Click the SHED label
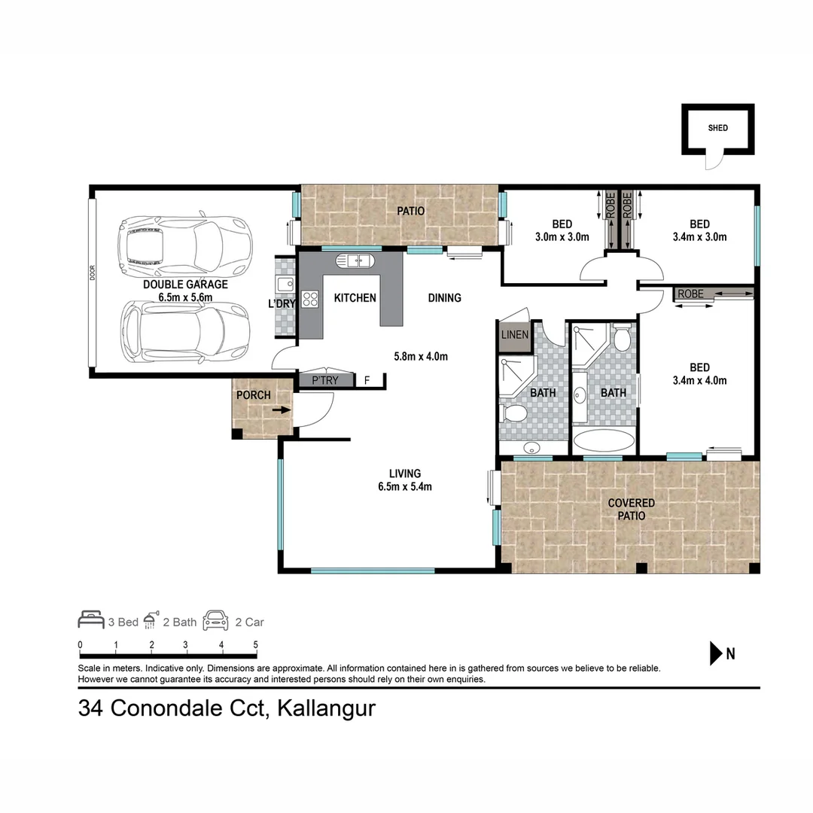click(x=717, y=128)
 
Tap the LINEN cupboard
click(x=514, y=335)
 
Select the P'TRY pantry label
click(x=325, y=381)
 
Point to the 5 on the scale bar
click(x=255, y=645)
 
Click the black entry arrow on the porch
click(x=280, y=410)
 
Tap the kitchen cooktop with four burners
click(x=309, y=299)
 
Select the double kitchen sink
click(x=355, y=262)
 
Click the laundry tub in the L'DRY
click(x=285, y=285)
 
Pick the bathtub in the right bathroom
click(x=603, y=441)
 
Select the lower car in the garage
click(x=185, y=329)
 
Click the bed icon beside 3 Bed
click(x=91, y=621)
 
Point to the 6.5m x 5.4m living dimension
click(x=405, y=486)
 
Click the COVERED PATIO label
click(x=631, y=510)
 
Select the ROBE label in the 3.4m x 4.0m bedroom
click(x=690, y=294)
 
